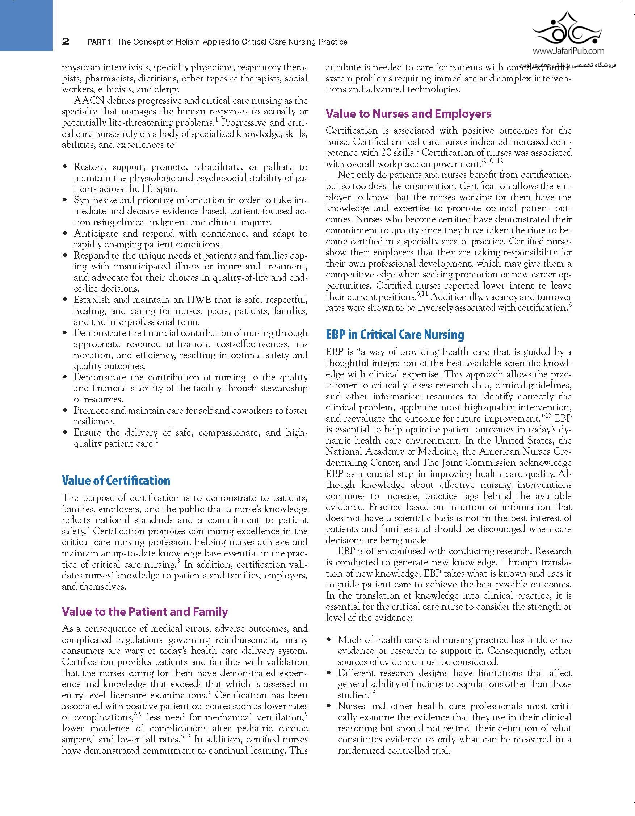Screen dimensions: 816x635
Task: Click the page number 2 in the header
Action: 66,42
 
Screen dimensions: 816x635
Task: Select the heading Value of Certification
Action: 116,481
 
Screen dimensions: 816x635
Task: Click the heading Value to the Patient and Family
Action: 144,612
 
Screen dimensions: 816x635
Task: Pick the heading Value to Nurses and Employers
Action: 408,114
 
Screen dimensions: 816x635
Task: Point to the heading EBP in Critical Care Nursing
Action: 395,335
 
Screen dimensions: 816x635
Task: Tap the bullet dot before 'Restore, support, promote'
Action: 66,167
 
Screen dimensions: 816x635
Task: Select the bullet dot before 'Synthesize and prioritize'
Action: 66,201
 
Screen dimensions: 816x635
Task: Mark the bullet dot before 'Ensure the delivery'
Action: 66,433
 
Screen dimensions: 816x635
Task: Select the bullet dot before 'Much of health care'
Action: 329,640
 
